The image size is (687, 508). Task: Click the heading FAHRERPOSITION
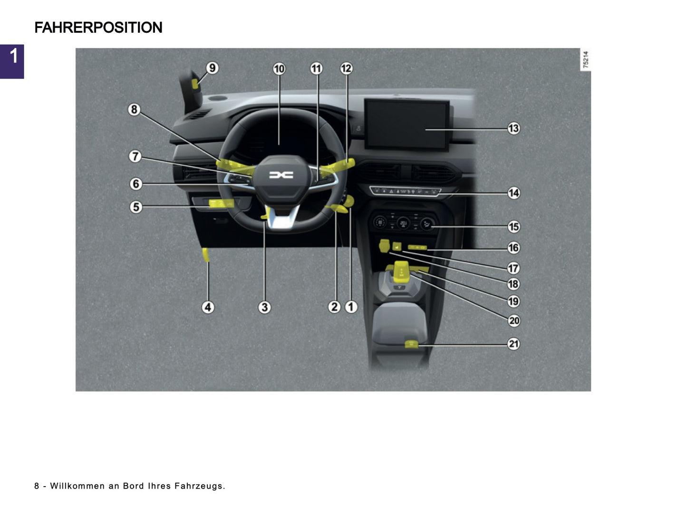(98, 28)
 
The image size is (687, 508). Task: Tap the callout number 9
(212, 68)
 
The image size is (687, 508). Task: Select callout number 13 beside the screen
(513, 128)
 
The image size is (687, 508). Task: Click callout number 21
(513, 344)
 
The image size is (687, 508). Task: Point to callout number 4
(208, 307)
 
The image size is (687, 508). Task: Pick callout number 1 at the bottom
(351, 307)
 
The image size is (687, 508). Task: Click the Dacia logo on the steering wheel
(281, 175)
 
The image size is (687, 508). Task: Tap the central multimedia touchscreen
(407, 124)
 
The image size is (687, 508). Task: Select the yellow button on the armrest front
(411, 344)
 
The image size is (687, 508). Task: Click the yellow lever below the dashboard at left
(206, 255)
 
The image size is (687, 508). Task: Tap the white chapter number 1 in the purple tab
(14, 56)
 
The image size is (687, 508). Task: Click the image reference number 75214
(586, 59)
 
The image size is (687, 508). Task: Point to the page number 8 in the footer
(37, 486)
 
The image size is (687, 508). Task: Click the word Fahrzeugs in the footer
(199, 486)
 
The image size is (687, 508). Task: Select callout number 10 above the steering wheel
(279, 69)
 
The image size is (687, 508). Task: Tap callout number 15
(513, 226)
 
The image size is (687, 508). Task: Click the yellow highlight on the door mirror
(195, 84)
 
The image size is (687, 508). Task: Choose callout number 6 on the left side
(136, 184)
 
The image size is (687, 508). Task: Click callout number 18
(513, 284)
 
